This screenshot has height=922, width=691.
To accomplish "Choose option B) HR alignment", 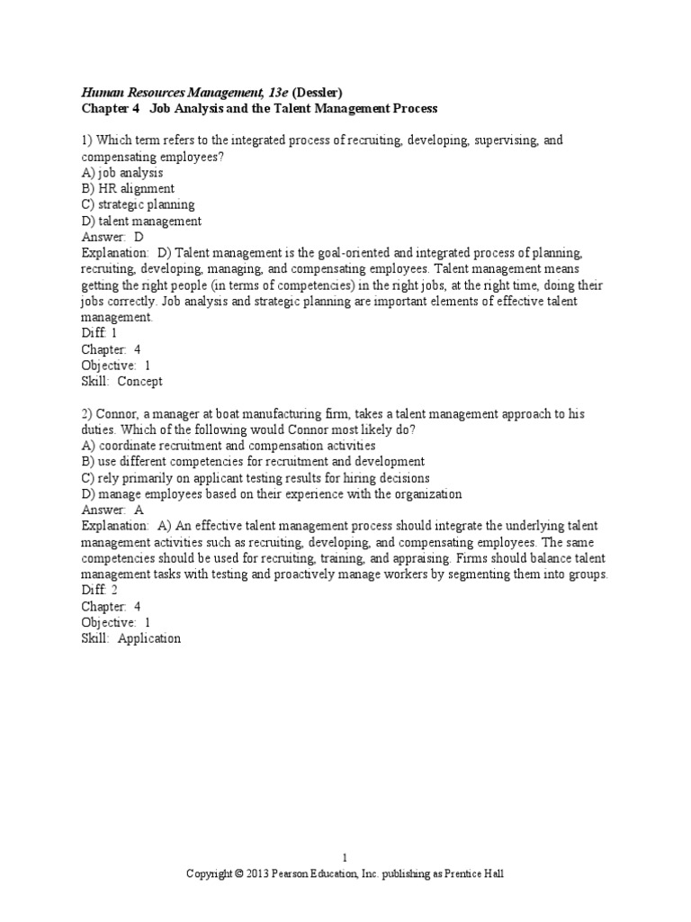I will tap(128, 189).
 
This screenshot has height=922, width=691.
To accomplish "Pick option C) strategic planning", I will tap(138, 204).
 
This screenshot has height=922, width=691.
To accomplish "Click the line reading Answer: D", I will tap(112, 237).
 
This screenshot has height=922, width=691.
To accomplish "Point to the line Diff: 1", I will tap(99, 332).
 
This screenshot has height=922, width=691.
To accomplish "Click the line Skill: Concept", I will tap(121, 381).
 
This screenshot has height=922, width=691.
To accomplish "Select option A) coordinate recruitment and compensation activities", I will tap(229, 446).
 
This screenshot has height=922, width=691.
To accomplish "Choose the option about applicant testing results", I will tap(256, 478).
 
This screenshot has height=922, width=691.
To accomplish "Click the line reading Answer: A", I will tap(112, 510).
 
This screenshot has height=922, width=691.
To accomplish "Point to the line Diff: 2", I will tap(100, 590).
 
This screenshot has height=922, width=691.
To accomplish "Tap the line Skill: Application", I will tap(130, 638).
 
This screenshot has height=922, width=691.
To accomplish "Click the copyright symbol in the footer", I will tap(238, 873).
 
